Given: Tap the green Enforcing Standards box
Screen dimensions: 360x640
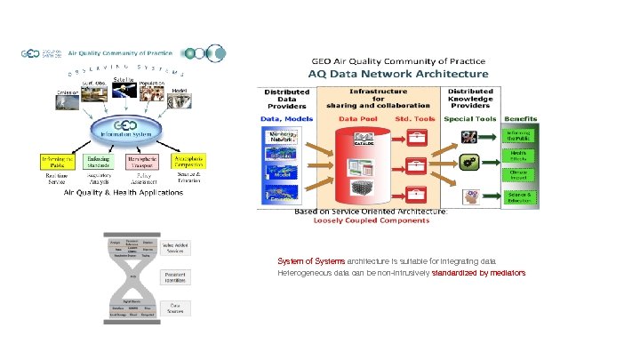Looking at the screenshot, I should click(x=99, y=162).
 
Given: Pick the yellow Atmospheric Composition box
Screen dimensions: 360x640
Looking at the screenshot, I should click(x=188, y=162).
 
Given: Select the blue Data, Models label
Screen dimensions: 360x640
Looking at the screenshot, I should click(x=286, y=117).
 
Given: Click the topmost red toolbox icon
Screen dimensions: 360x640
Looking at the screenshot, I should click(x=414, y=137).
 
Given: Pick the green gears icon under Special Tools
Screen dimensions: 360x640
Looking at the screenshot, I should click(x=471, y=163).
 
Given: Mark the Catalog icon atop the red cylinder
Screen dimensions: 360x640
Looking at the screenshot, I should click(x=364, y=140).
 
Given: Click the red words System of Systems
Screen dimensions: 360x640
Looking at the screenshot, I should click(x=311, y=261).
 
